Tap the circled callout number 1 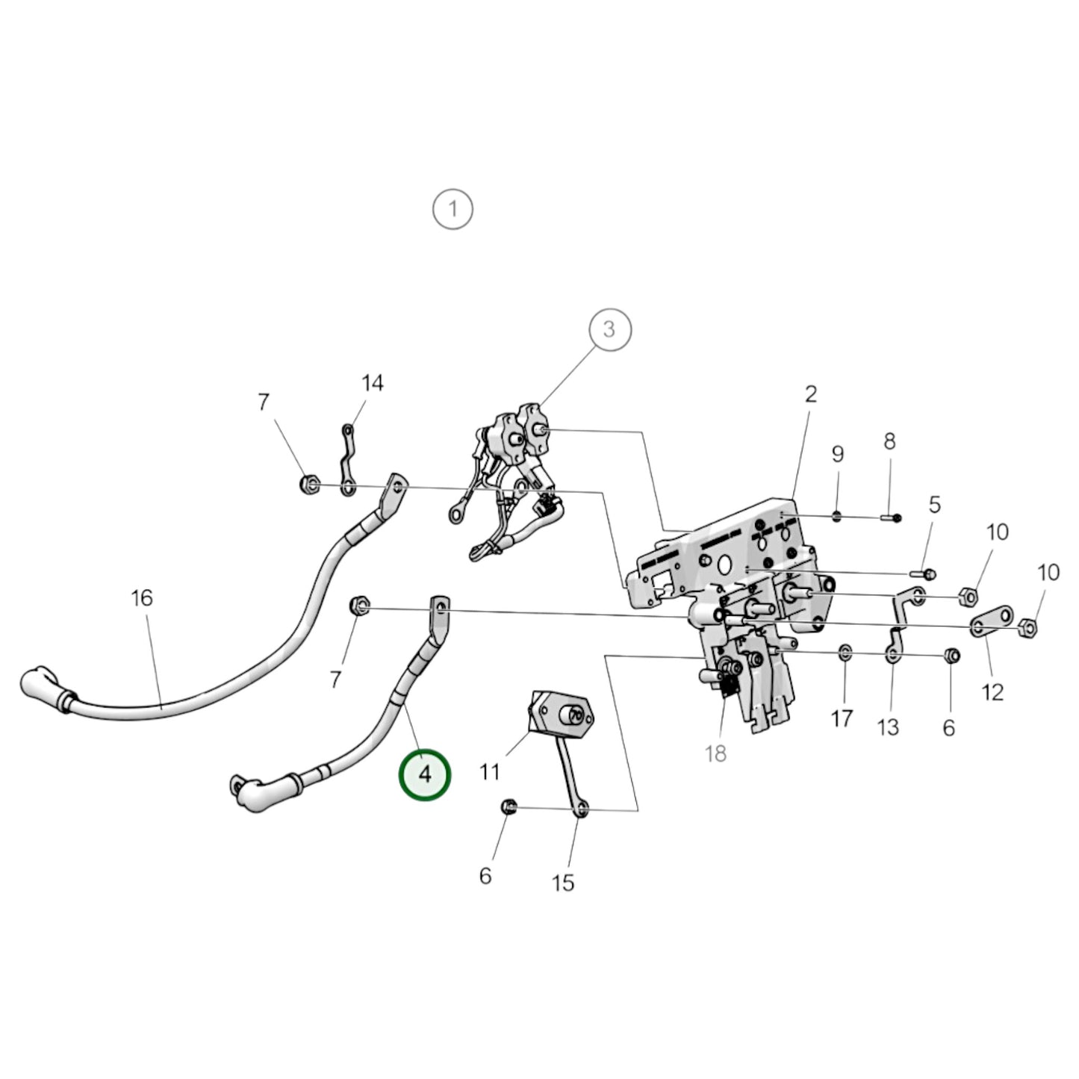pyautogui.click(x=453, y=209)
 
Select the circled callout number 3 pyautogui.click(x=609, y=329)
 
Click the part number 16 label pyautogui.click(x=142, y=598)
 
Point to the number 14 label pyautogui.click(x=373, y=383)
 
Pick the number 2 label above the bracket pyautogui.click(x=811, y=394)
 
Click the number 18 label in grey pyautogui.click(x=715, y=753)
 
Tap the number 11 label pyautogui.click(x=489, y=773)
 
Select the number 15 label pyautogui.click(x=563, y=883)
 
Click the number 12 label pyautogui.click(x=992, y=693)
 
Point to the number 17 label pyautogui.click(x=842, y=718)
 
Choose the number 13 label pyautogui.click(x=888, y=727)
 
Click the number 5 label pyautogui.click(x=935, y=505)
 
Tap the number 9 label pyautogui.click(x=837, y=453)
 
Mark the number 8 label pyautogui.click(x=890, y=441)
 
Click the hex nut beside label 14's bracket pyautogui.click(x=309, y=483)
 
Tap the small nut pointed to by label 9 pyautogui.click(x=836, y=516)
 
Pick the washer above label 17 pyautogui.click(x=845, y=652)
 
